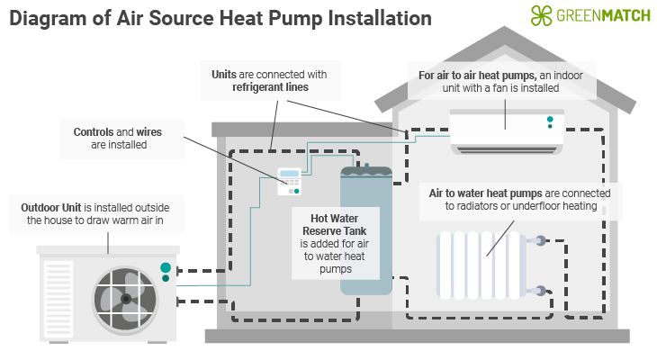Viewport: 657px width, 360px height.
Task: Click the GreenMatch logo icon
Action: click(541, 15)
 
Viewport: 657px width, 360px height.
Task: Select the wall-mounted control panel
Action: click(290, 181)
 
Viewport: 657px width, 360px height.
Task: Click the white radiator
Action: click(481, 265)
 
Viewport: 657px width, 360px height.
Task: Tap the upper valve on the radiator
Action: click(538, 241)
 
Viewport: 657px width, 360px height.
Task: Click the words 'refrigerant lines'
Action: click(271, 88)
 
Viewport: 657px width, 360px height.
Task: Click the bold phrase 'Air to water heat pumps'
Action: click(486, 193)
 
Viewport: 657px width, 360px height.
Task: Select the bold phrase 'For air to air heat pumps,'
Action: click(484, 76)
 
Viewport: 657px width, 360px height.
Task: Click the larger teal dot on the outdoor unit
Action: click(166, 267)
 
